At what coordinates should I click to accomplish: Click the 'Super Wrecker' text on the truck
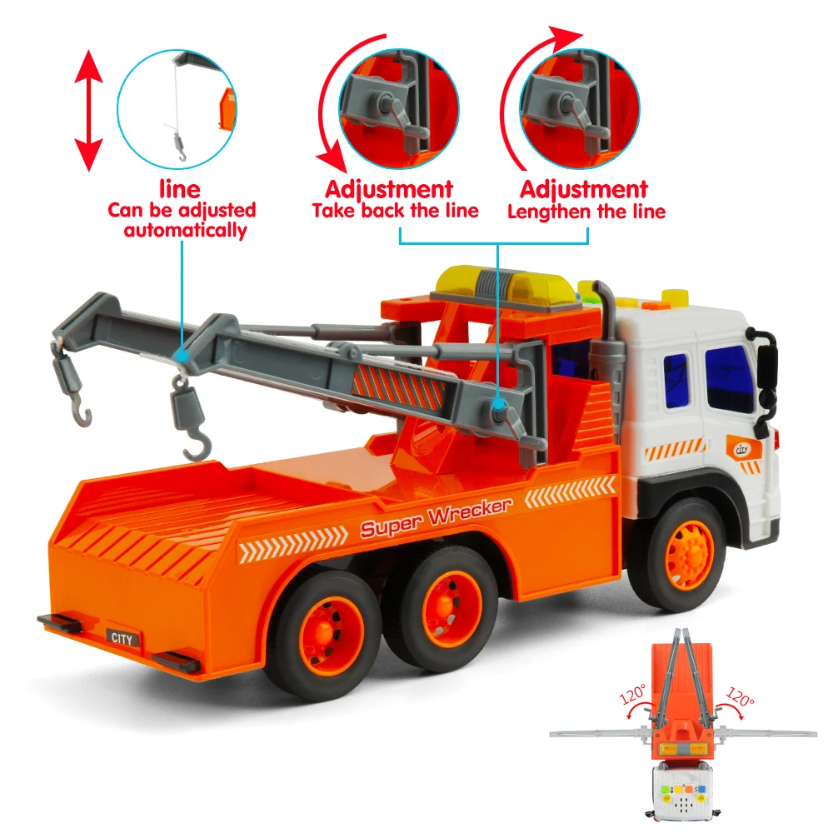click(x=436, y=518)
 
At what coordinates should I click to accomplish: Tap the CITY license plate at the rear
click(x=122, y=639)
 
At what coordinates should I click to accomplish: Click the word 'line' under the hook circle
click(x=180, y=189)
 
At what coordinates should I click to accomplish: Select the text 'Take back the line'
click(x=395, y=211)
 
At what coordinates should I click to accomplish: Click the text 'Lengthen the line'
click(x=586, y=212)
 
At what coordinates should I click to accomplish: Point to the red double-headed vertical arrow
click(x=88, y=111)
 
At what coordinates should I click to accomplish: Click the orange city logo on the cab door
click(x=743, y=450)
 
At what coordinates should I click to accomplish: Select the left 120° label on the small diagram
click(x=632, y=694)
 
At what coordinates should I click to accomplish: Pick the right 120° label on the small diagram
click(x=741, y=696)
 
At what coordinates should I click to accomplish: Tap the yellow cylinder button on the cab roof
click(x=676, y=298)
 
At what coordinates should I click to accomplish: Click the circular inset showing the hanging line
click(x=177, y=109)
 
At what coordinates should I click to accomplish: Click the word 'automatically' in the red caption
click(x=186, y=231)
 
